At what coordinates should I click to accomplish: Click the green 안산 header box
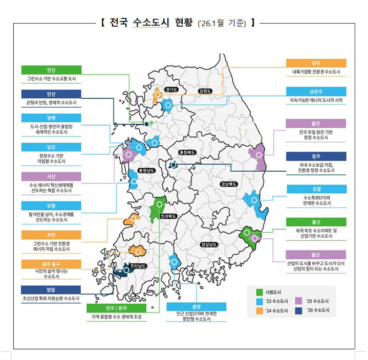coord(51,70)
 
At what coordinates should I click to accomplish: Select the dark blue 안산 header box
coord(51,94)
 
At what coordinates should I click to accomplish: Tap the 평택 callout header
coord(51,117)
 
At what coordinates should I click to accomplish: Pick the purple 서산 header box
coord(51,176)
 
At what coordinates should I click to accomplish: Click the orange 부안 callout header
coord(51,235)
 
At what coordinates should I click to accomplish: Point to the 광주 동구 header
coord(51,263)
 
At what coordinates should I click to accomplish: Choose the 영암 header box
coord(51,289)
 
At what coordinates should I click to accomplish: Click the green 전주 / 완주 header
coord(117,308)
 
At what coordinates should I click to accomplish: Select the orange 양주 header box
coord(316,63)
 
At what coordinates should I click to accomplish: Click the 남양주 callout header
coord(316,92)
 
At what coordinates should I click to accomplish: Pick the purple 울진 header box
coord(316,123)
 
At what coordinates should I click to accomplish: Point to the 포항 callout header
coord(316,189)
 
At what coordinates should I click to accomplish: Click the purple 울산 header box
coord(316,254)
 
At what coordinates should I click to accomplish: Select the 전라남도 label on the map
coord(138,266)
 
